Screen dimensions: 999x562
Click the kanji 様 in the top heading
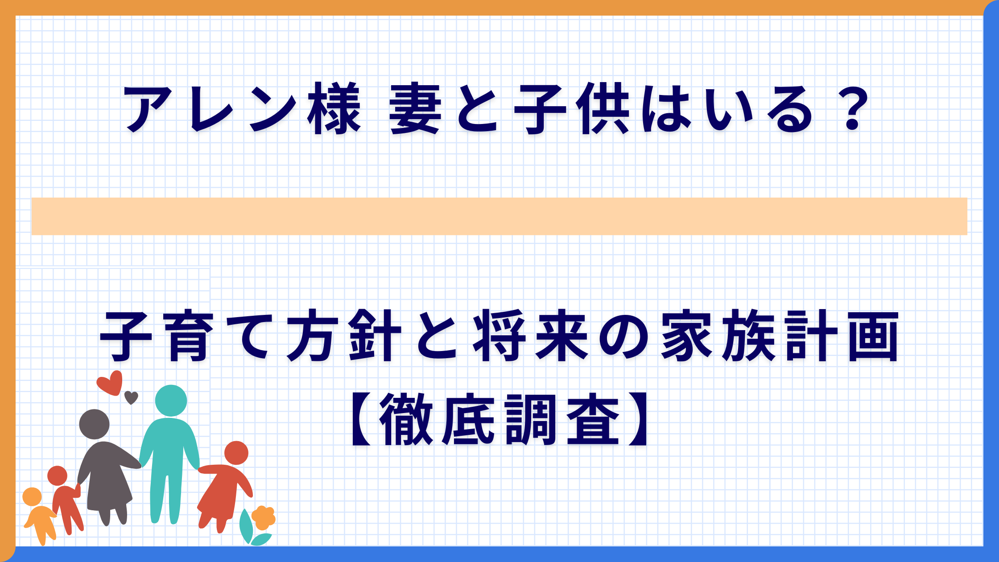coord(334,108)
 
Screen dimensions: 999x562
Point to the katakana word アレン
coord(210,108)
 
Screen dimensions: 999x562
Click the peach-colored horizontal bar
coord(499,216)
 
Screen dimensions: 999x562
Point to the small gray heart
coord(131,397)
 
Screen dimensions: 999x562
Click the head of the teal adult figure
coord(171,401)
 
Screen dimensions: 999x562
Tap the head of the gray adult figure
coord(94,424)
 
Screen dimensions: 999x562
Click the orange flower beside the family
coord(264,518)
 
